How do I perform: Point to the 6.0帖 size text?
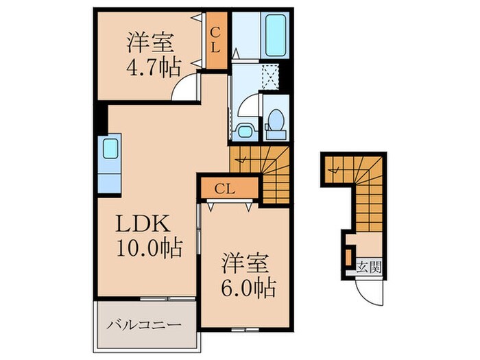coord(247,287)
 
